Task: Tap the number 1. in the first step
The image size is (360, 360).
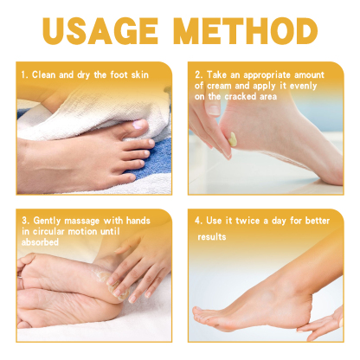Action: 25,75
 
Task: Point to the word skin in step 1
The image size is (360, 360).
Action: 148,75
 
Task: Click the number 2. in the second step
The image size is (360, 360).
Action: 200,75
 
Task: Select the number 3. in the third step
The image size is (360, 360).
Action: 25,222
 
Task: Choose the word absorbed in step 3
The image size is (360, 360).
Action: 40,242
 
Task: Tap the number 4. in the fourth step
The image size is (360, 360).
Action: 200,222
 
